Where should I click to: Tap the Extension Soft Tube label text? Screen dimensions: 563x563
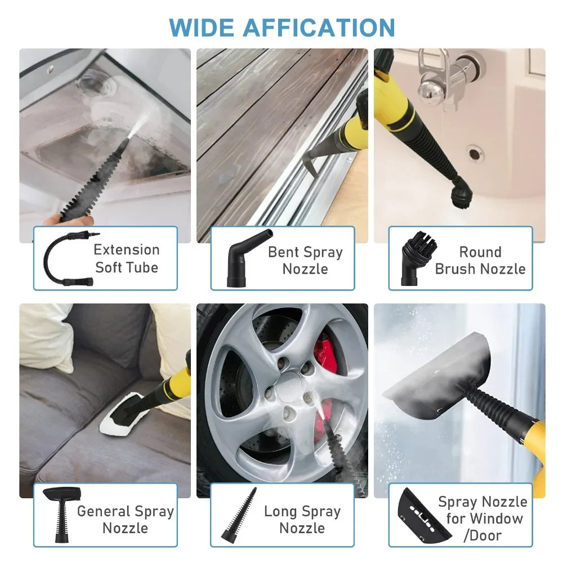click(126, 258)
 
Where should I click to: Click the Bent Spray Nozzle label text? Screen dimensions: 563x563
click(305, 260)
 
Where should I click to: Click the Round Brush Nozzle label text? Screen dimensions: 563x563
click(480, 260)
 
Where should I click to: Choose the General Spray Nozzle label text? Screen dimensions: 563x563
click(125, 519)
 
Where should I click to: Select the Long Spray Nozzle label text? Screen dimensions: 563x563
click(302, 519)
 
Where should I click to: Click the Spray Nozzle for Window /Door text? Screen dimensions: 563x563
click(482, 518)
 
